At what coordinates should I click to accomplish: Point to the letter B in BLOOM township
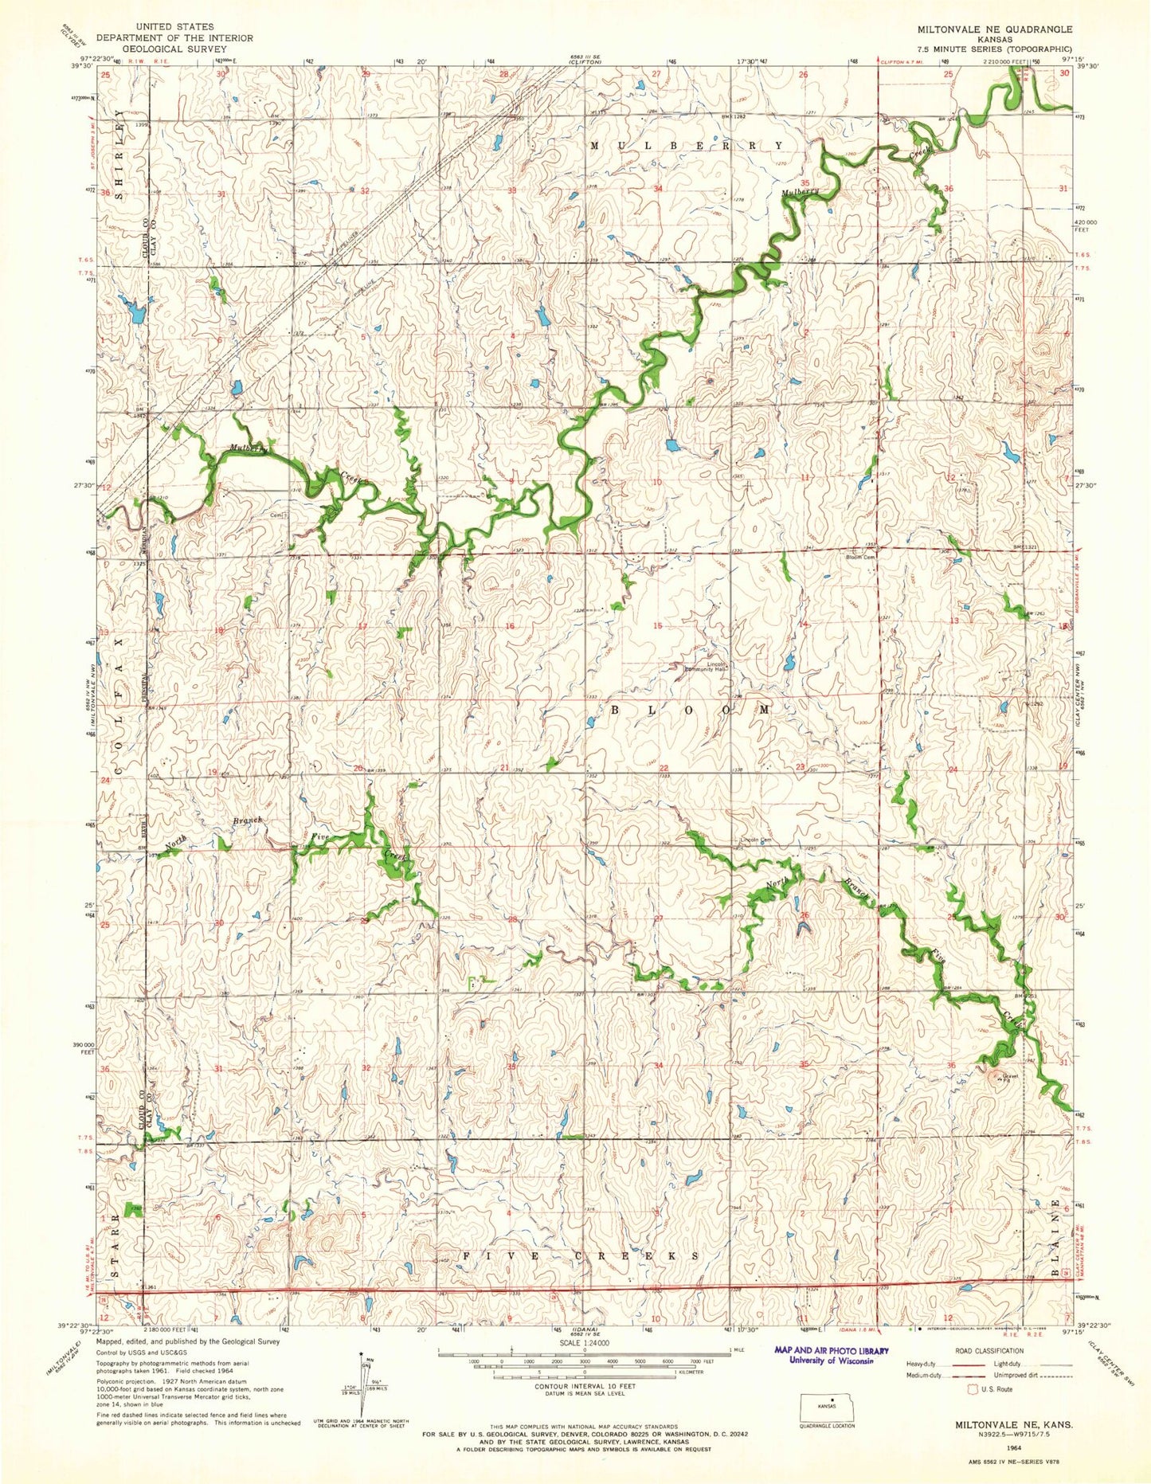pyautogui.click(x=617, y=708)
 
